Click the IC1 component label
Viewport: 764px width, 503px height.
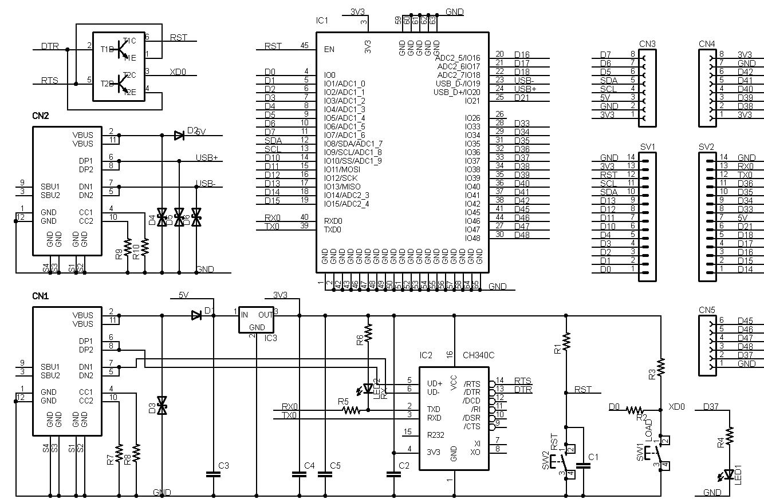322,21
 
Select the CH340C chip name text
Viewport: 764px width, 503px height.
479,355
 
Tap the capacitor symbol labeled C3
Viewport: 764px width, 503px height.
213,474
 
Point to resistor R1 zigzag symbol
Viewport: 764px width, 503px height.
566,342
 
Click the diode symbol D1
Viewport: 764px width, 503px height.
196,315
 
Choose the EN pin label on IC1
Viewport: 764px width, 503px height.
329,49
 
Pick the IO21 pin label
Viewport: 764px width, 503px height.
472,101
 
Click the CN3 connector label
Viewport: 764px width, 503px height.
647,44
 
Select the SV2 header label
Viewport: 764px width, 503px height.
707,146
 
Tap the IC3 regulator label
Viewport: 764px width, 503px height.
270,338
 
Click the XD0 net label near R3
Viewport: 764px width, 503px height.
676,407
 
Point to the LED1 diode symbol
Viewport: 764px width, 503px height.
729,474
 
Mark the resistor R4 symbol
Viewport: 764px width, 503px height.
730,436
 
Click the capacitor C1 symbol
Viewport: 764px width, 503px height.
584,466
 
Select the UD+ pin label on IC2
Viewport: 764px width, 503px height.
435,383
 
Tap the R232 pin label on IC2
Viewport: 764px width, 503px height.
436,435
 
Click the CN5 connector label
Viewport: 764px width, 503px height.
707,310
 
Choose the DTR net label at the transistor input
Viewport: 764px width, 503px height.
50,46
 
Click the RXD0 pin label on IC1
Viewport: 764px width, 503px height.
333,221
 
